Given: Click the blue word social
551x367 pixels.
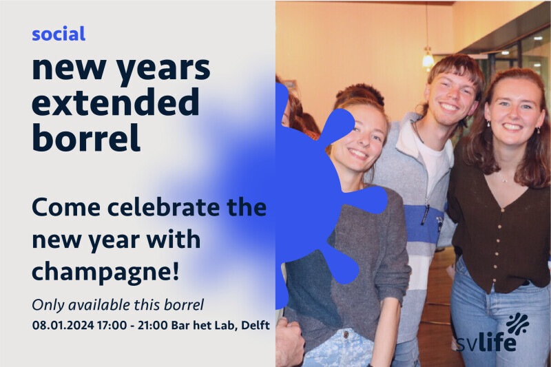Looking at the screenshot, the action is (59, 34).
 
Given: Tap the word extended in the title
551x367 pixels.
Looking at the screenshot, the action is (116, 102).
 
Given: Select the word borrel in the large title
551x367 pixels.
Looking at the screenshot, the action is (86, 137).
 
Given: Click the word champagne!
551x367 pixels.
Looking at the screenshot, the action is (105, 272).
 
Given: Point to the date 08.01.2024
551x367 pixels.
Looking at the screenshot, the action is (63, 325).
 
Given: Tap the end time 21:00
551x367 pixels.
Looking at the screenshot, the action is (152, 325).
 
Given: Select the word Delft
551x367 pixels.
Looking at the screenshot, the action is (256, 325).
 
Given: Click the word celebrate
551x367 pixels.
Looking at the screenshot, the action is (165, 207).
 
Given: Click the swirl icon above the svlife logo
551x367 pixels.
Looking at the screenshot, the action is (517, 324).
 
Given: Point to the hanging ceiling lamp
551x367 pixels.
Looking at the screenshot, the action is (428, 59).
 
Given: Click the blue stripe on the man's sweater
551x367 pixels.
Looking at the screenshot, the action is (422, 224).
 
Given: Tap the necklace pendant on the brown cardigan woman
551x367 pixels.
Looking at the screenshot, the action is (504, 180).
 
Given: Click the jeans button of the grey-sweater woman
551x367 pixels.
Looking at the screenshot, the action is (346, 334).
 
